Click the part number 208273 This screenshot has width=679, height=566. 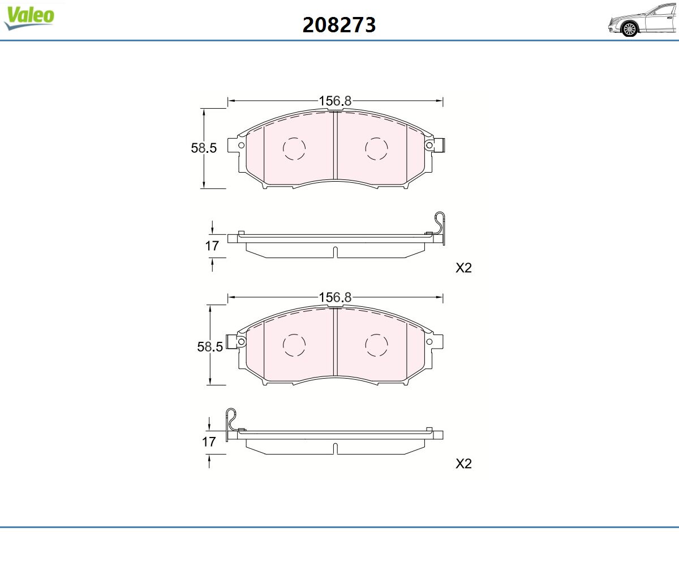(339, 25)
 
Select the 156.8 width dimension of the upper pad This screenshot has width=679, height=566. (335, 101)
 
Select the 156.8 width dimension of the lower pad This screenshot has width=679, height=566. (335, 297)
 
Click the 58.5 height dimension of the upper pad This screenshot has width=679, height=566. (204, 148)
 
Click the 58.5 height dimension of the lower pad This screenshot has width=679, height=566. (210, 347)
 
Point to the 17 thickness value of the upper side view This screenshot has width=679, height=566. (212, 246)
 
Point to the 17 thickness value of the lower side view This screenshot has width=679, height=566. (209, 441)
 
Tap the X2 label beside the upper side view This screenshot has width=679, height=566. (463, 268)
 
